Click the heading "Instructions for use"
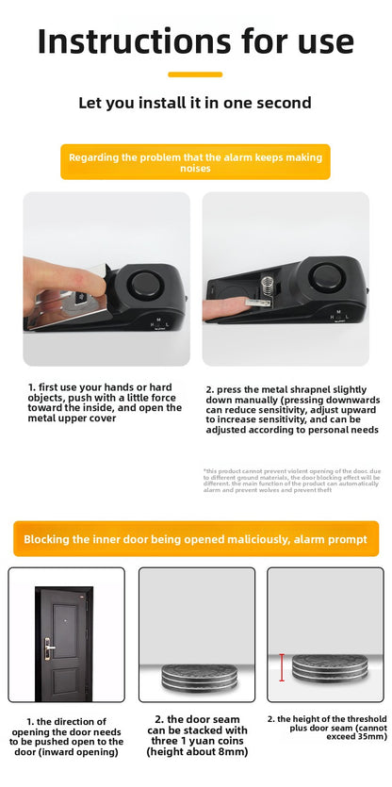coord(196,41)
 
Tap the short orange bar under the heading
coord(195,74)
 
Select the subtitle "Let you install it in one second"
coord(195,103)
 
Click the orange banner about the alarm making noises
coord(195,161)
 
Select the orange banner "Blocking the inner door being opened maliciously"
coord(195,538)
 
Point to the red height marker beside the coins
coord(279,666)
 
